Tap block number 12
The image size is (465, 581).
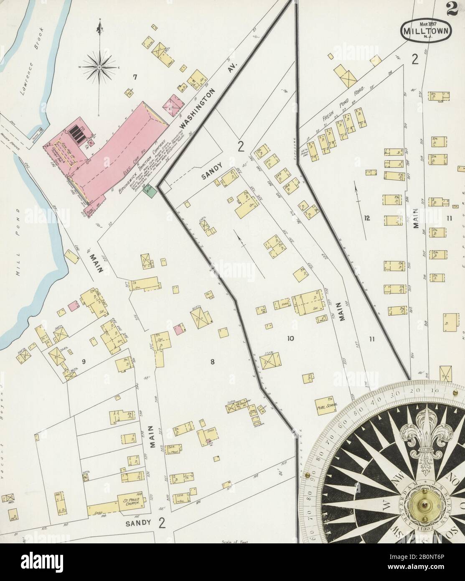367,218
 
